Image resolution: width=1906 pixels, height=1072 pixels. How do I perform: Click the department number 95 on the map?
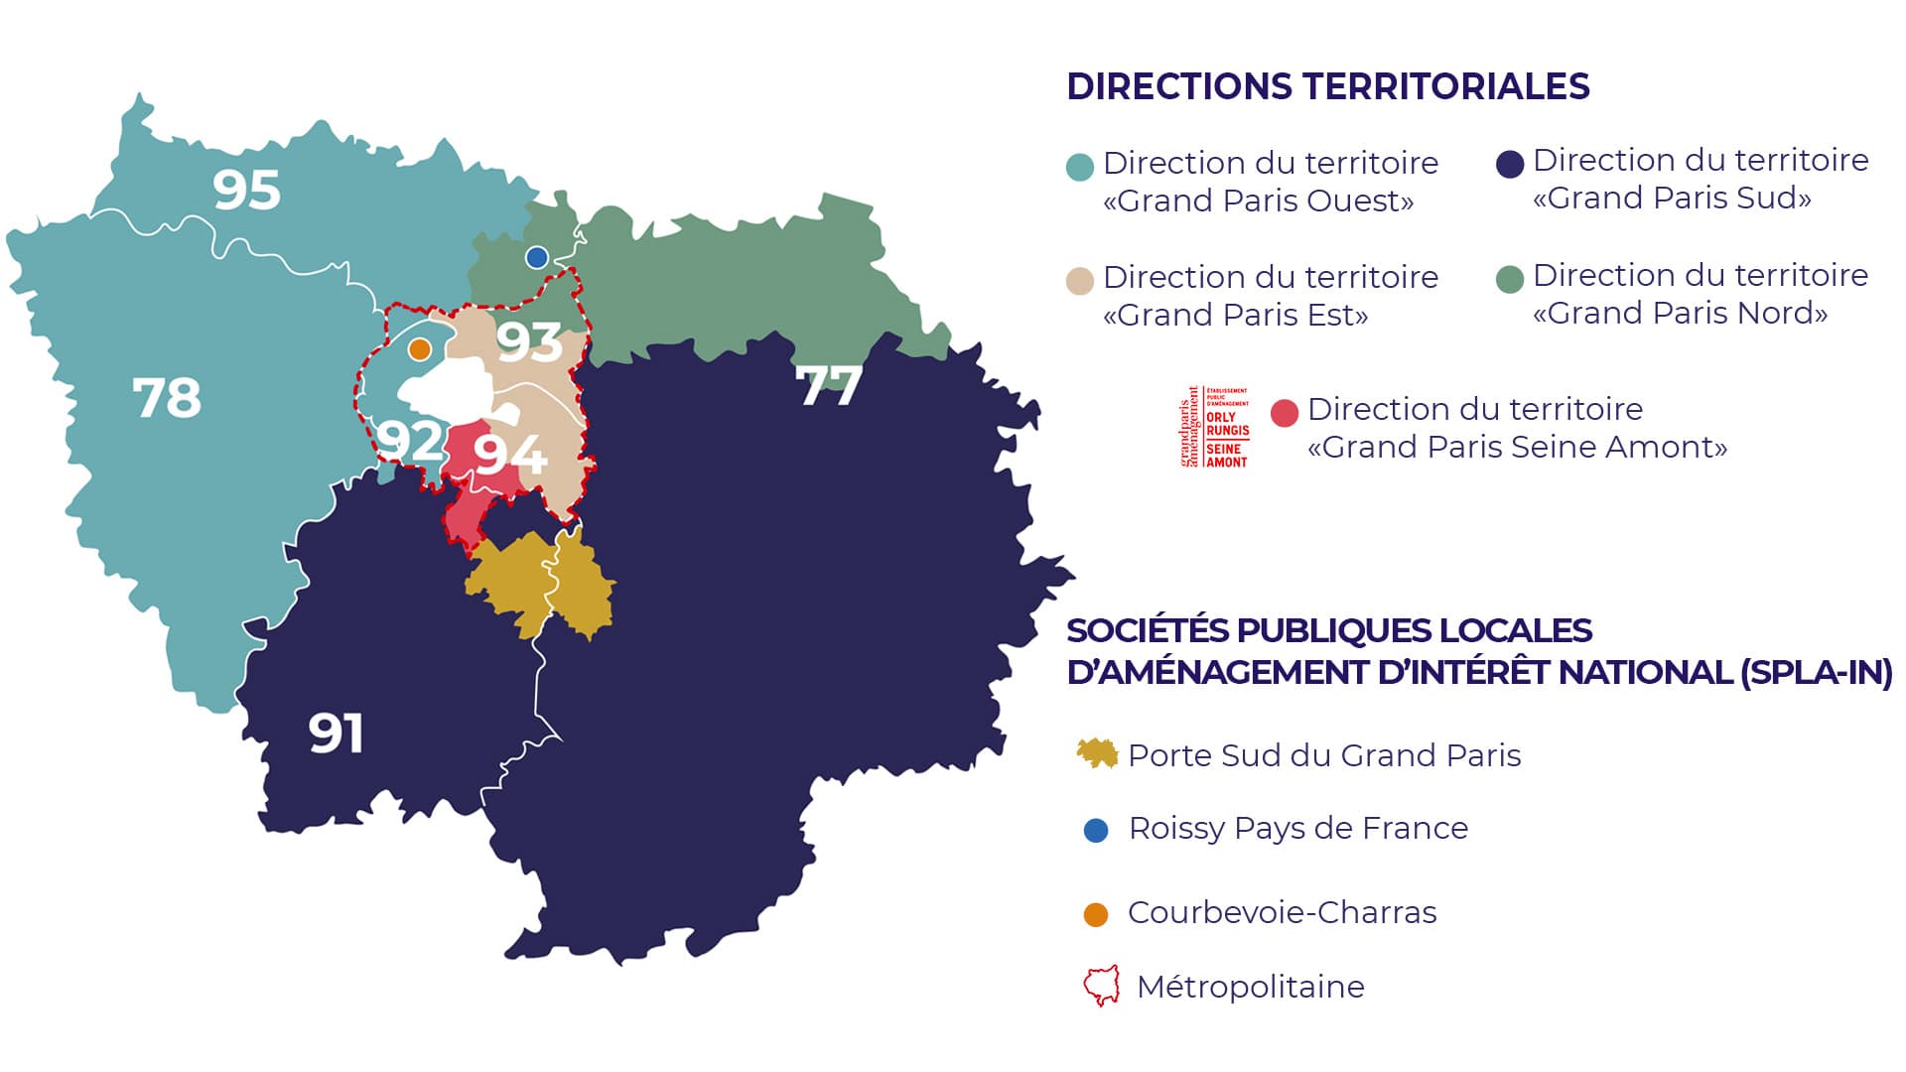(x=246, y=190)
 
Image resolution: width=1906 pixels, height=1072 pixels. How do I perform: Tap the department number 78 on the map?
(x=167, y=398)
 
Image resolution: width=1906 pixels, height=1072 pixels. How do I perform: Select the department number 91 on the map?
(x=336, y=734)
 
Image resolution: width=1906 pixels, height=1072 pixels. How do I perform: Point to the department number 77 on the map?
(x=829, y=385)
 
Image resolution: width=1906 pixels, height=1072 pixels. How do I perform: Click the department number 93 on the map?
(x=529, y=341)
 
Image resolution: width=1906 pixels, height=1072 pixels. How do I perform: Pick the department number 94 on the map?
(x=509, y=454)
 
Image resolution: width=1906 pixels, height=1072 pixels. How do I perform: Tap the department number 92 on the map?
(x=408, y=439)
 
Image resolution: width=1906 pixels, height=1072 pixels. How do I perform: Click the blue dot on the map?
(x=537, y=258)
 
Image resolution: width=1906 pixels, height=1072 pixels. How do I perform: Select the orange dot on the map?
(x=420, y=349)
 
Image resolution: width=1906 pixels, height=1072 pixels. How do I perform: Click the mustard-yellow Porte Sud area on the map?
(x=541, y=584)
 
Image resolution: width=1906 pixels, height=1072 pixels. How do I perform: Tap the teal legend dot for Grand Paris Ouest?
(x=1079, y=166)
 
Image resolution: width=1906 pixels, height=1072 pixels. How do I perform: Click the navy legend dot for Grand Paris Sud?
(x=1510, y=164)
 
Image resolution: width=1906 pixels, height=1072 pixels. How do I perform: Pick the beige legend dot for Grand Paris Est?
(x=1079, y=280)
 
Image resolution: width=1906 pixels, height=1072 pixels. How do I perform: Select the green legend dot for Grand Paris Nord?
(x=1510, y=279)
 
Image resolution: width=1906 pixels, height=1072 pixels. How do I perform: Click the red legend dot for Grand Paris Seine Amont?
(x=1285, y=413)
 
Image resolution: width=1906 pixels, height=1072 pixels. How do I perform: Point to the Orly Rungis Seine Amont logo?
(x=1214, y=427)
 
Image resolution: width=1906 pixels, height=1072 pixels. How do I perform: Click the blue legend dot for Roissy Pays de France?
(x=1096, y=830)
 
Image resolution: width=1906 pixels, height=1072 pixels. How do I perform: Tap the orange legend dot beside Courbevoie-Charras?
(x=1096, y=914)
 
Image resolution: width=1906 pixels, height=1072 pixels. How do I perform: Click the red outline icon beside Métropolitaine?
(x=1101, y=986)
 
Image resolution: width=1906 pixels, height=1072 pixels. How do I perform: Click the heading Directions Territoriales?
(x=1327, y=86)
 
